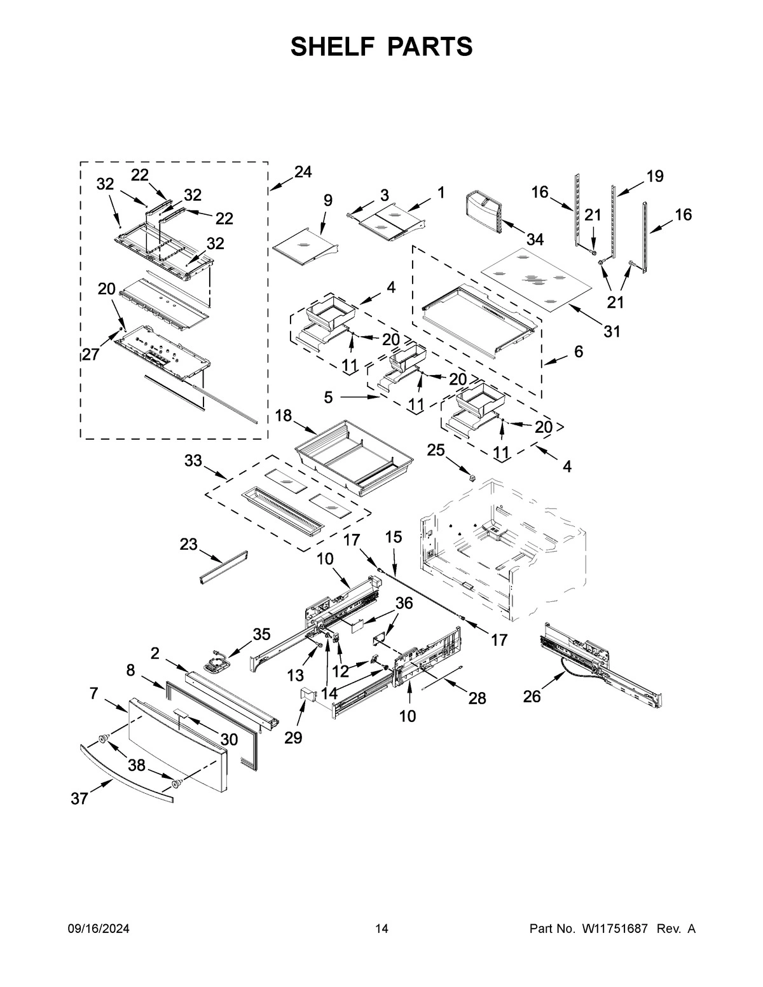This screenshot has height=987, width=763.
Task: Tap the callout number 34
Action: (535, 240)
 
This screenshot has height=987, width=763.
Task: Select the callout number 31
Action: (612, 331)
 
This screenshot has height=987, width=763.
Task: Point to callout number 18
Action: (284, 416)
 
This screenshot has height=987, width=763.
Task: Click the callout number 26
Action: (532, 697)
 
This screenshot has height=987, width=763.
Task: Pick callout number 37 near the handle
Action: (79, 798)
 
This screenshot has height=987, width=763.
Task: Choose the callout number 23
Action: (189, 545)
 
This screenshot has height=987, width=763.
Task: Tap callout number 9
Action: (327, 200)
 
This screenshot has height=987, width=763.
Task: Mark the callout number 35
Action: (261, 634)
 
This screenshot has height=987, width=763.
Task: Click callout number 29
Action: (293, 737)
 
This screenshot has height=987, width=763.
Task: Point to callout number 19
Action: (655, 176)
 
